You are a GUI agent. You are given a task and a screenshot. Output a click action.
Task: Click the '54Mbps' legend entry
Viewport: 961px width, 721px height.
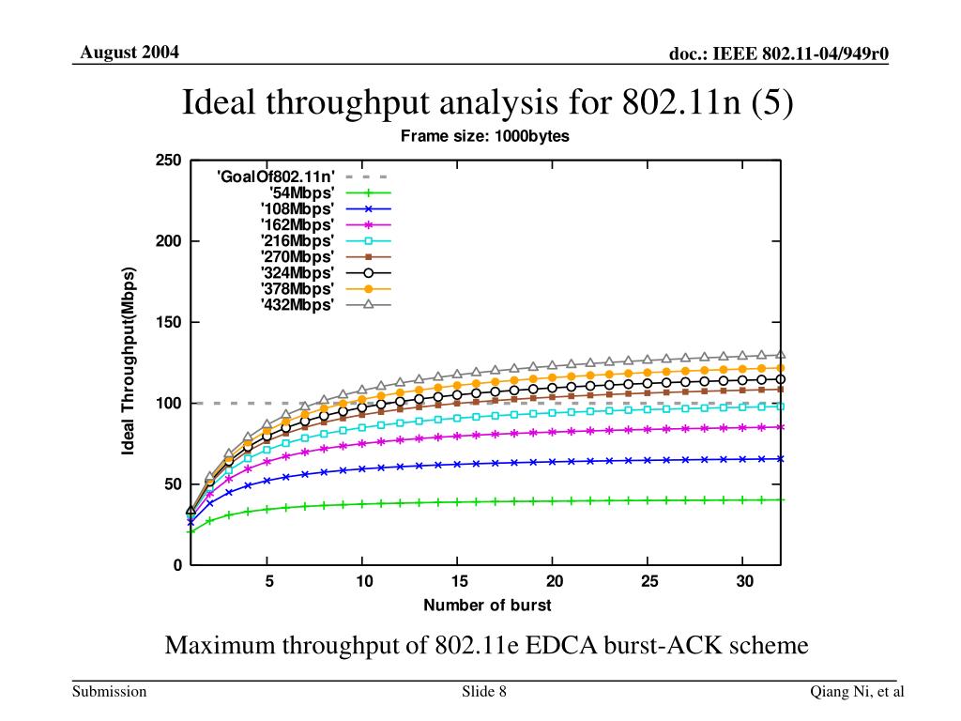(301, 192)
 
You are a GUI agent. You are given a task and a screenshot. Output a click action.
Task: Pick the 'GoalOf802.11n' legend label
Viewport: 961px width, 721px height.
(275, 176)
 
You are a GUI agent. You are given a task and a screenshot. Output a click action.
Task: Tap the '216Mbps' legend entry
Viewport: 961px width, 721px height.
(297, 240)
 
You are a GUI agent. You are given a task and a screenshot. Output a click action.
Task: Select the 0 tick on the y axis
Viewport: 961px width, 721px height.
(175, 565)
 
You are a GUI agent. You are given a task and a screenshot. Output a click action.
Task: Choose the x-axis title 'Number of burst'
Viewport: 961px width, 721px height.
(487, 606)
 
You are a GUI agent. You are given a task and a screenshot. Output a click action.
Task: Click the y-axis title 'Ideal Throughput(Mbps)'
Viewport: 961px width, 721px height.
(129, 362)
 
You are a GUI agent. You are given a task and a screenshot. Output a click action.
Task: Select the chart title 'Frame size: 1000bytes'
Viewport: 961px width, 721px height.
(485, 136)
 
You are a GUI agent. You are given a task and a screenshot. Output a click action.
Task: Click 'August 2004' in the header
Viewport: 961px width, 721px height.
(130, 52)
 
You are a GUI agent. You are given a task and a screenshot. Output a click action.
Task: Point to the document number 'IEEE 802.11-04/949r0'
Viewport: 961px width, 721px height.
(801, 54)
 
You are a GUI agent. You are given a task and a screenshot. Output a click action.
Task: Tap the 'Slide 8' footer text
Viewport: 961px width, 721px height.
(484, 692)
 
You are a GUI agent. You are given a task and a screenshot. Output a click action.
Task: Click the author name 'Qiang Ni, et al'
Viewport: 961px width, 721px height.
(858, 692)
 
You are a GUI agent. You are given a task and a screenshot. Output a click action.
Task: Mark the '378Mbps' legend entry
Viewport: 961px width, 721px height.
(297, 288)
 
